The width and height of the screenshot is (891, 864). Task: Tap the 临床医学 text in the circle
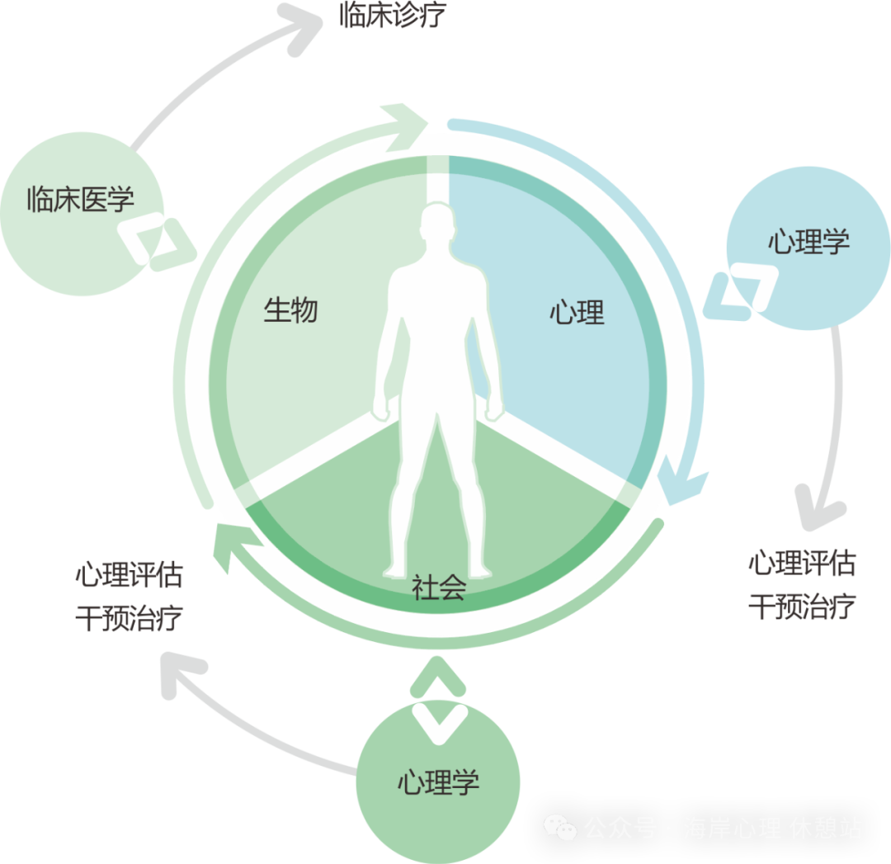coord(80,199)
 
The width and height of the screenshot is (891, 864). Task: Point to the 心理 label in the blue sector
coord(577,313)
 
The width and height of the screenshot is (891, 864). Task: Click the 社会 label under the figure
coord(439,588)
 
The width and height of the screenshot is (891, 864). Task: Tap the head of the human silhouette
coord(437,228)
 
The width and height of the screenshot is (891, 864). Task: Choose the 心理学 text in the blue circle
coord(808,242)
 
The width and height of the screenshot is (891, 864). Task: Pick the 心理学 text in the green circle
coord(438,782)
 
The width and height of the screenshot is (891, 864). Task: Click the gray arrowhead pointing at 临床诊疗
coord(302,22)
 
